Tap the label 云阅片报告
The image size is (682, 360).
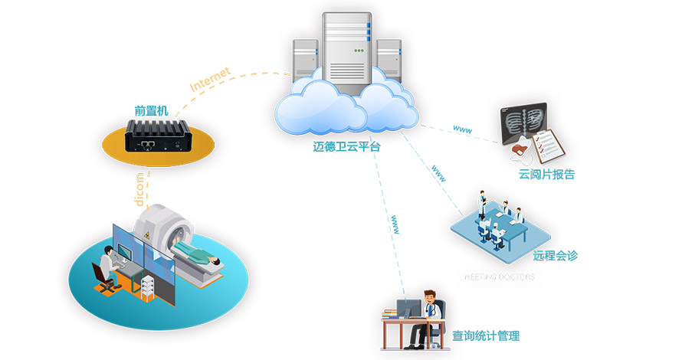[546, 175]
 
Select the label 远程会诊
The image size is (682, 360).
[555, 255]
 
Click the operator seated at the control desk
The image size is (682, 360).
[106, 268]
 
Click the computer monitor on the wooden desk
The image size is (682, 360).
[408, 309]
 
